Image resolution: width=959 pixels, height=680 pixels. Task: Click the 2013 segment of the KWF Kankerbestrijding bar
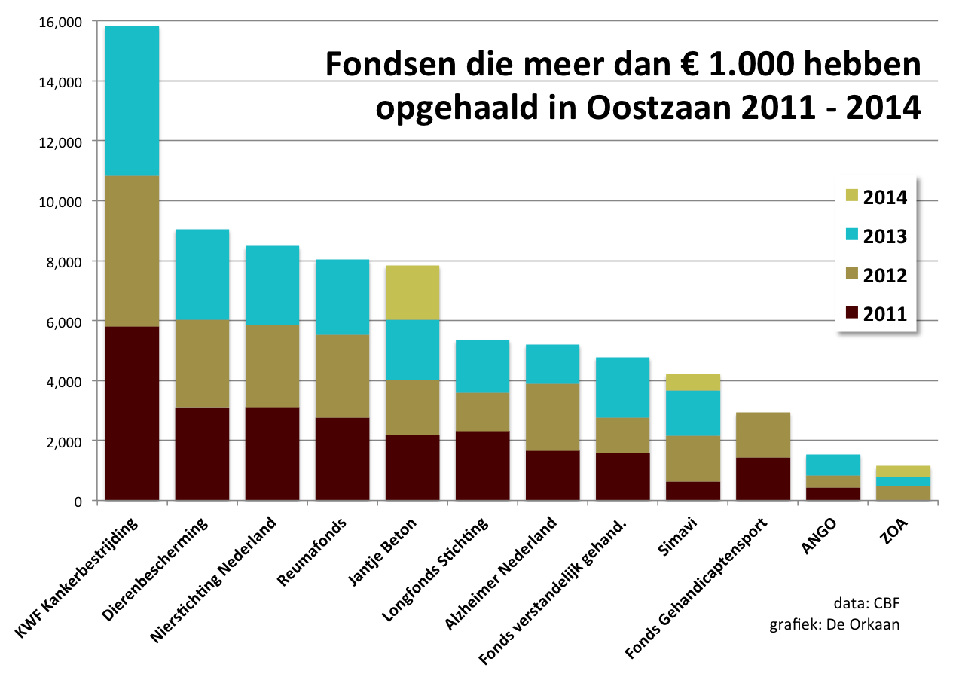pos(132,101)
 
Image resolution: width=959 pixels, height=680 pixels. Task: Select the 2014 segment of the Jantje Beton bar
pos(412,292)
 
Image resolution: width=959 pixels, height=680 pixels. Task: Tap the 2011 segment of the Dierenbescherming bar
pos(202,453)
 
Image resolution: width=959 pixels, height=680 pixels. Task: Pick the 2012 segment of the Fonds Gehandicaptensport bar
pos(763,435)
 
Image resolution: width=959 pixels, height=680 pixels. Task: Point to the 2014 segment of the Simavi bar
pos(692,382)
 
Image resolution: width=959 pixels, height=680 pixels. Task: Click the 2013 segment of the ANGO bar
pos(833,465)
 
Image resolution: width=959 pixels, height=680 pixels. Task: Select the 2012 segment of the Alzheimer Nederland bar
pos(552,416)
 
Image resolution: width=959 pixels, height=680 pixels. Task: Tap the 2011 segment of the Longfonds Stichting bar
pos(482,465)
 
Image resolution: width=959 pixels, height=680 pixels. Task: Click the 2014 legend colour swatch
pos(852,197)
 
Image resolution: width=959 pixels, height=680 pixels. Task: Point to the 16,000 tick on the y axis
pos(60,22)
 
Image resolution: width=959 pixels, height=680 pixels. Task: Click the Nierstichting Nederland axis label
pos(215,580)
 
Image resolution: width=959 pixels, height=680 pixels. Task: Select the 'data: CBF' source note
pos(866,603)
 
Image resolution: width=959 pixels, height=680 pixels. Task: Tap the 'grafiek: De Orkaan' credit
pos(834,624)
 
